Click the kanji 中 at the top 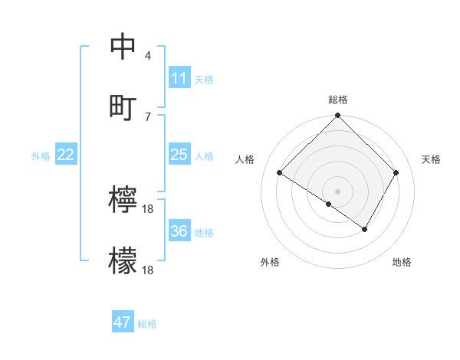pos(123,47)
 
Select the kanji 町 pos(123,107)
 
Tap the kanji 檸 pos(123,200)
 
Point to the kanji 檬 pos(123,261)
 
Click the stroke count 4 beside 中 pos(148,56)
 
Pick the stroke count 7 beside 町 pos(148,116)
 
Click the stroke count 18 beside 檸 pos(149,209)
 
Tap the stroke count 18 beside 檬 pos(149,270)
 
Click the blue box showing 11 pos(179,78)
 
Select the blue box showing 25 pos(179,155)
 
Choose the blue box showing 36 pos(179,231)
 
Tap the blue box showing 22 pos(66,155)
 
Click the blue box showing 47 pos(123,322)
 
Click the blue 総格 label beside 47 pos(147,324)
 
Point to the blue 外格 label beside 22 pos(41,156)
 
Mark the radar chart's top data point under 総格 pos(337,117)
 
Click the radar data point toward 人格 pos(280,173)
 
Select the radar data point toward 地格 pos(365,229)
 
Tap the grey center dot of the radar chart pos(337,191)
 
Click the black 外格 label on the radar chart pos(270,262)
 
